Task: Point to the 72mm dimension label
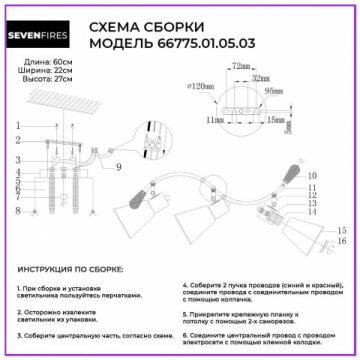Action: pyautogui.click(x=239, y=65)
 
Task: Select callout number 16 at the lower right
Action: pyautogui.click(x=340, y=240)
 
